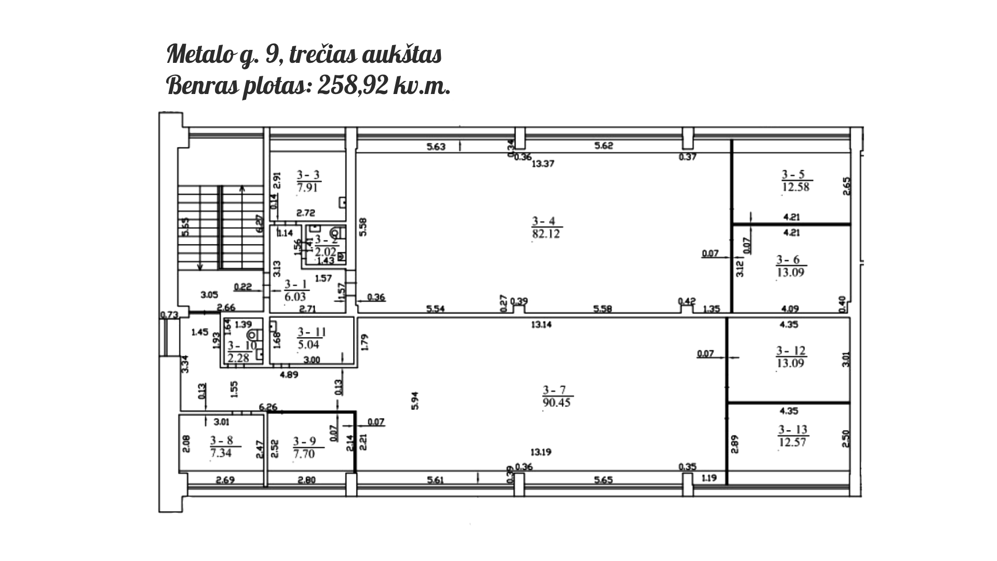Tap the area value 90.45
[x=556, y=402]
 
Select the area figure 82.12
[x=546, y=234]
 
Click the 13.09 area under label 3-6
[x=790, y=272]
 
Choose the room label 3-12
[x=791, y=351]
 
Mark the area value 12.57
[x=793, y=442]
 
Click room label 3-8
[x=222, y=441]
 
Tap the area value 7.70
[x=304, y=453]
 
